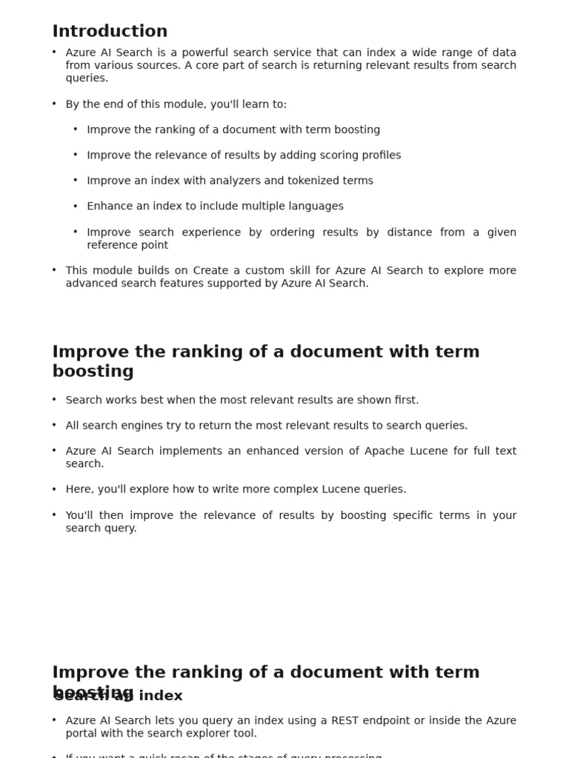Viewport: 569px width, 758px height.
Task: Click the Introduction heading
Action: click(110, 31)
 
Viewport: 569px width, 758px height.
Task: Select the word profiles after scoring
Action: click(378, 155)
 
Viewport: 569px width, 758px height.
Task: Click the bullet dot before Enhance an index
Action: click(76, 207)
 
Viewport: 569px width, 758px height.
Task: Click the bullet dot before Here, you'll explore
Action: click(54, 489)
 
